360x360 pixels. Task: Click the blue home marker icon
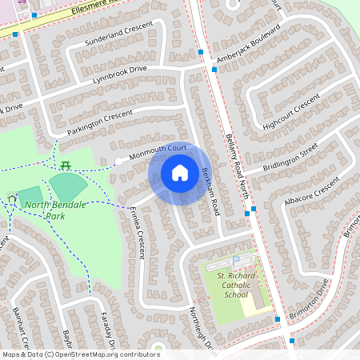coord(179,173)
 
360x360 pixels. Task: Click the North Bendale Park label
coord(55,210)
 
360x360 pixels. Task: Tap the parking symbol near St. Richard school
coord(235,262)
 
